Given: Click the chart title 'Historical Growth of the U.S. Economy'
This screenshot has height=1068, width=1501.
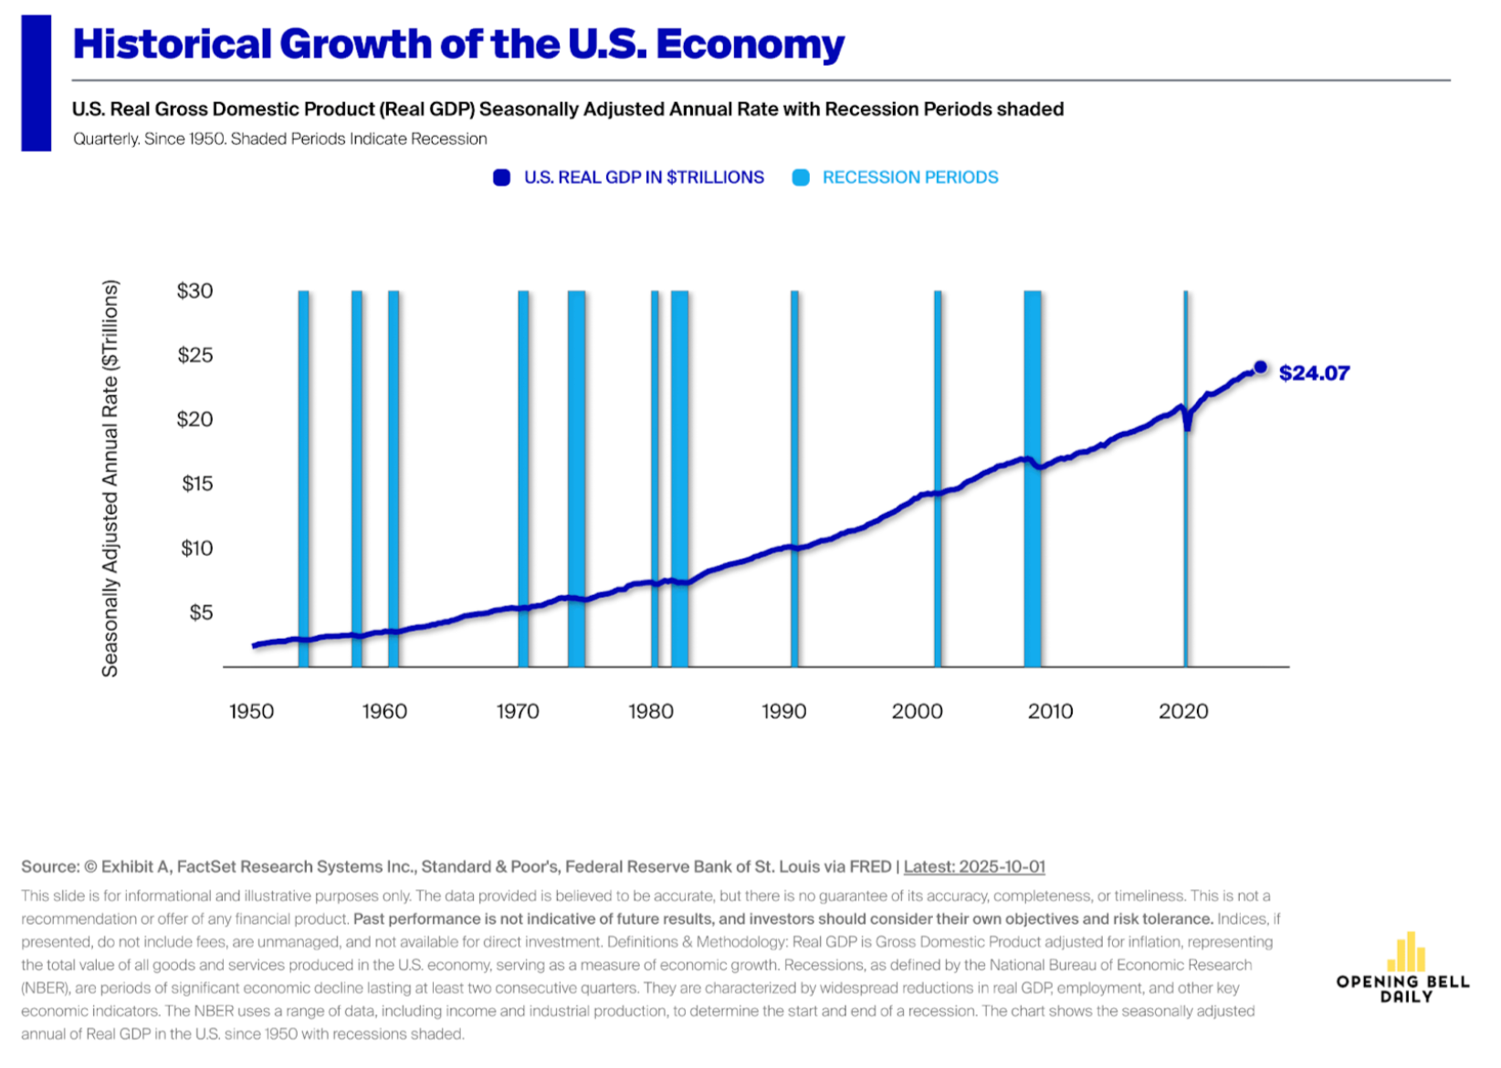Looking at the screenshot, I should (x=458, y=44).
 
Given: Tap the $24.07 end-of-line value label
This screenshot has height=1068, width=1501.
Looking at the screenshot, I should (x=1314, y=373).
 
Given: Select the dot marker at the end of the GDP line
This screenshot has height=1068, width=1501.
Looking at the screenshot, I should (x=1261, y=367).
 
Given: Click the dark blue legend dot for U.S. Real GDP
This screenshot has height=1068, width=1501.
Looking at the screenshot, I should (x=501, y=178).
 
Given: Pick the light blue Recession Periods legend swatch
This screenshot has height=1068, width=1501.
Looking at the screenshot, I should (x=801, y=178).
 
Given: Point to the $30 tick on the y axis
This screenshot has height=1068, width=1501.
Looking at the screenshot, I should (x=194, y=291).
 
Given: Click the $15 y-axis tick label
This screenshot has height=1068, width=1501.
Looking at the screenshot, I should (x=197, y=484).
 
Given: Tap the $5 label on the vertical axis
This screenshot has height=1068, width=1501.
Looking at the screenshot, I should (x=201, y=613).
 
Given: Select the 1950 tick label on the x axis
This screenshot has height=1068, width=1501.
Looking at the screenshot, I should (x=251, y=712).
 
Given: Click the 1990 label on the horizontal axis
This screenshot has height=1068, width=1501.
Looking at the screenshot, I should (x=783, y=712).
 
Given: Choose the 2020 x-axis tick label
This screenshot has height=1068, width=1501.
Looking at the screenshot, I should (x=1183, y=712).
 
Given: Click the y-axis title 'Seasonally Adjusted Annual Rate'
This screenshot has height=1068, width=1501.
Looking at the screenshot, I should (x=110, y=478).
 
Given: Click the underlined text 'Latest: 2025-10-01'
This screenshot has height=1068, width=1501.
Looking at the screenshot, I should (x=974, y=866).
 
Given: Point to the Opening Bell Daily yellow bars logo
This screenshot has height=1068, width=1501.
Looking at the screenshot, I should (x=1406, y=952).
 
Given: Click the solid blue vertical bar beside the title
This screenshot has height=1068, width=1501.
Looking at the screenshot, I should (x=37, y=83).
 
